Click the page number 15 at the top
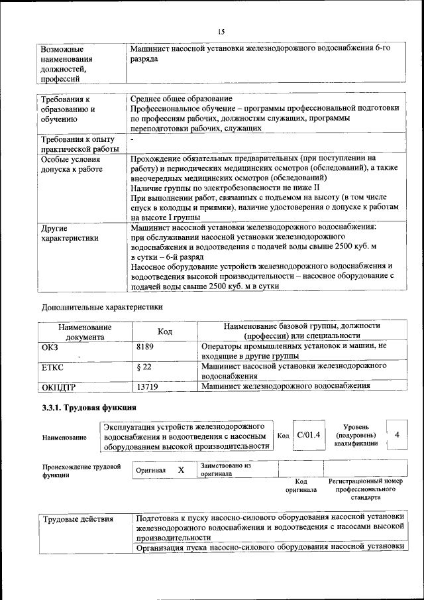click(x=221, y=31)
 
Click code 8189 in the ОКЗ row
click(x=144, y=346)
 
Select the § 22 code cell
click(x=144, y=365)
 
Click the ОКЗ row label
click(x=50, y=346)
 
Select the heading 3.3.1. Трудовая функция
click(x=89, y=407)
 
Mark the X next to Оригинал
click(x=180, y=469)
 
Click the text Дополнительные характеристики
click(x=101, y=307)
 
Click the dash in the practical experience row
click(x=132, y=140)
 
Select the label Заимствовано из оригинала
click(x=225, y=470)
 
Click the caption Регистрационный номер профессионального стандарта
click(x=365, y=489)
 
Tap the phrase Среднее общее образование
click(x=181, y=99)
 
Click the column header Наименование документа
click(x=84, y=331)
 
